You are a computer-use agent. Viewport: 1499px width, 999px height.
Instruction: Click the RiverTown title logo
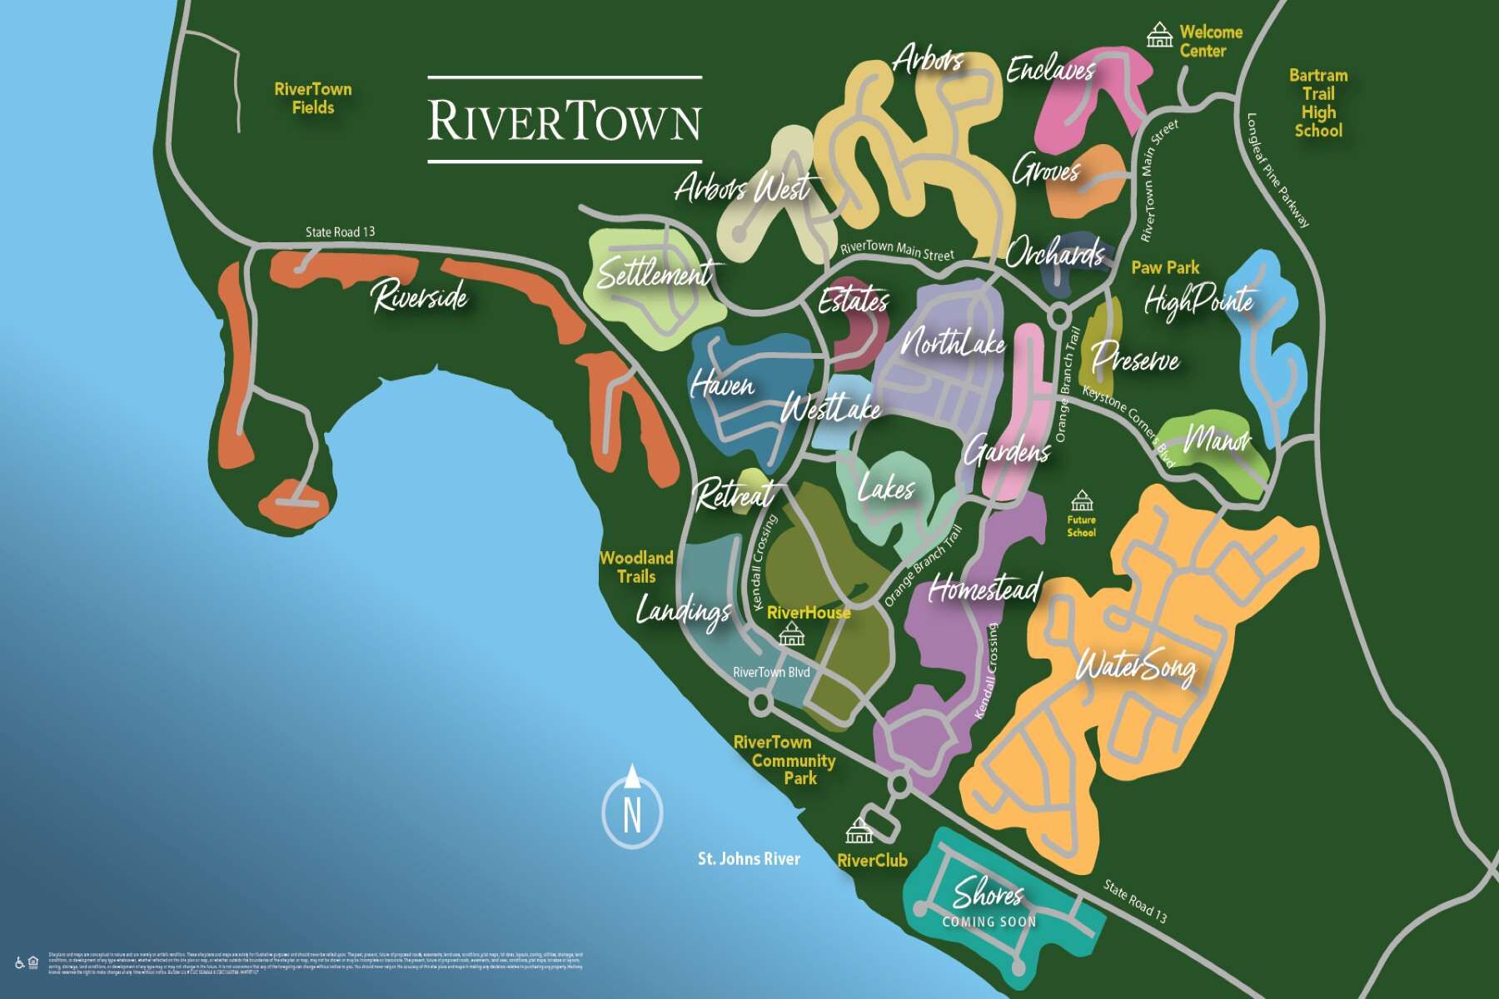(565, 120)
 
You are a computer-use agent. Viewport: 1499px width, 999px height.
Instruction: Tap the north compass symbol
(632, 811)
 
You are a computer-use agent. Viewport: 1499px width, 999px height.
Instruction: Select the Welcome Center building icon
(1159, 36)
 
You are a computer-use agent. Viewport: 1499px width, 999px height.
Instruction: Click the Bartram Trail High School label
(1317, 102)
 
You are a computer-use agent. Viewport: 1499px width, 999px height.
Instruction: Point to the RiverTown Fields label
(313, 98)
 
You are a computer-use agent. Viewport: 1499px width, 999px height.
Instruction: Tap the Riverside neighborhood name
(420, 296)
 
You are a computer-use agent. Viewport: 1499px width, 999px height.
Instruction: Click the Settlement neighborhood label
(655, 273)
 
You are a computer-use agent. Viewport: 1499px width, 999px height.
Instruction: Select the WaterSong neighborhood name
(1136, 667)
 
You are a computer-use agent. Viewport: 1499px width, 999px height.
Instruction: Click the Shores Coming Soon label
(989, 902)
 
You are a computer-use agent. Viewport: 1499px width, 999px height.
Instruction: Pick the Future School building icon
(1081, 501)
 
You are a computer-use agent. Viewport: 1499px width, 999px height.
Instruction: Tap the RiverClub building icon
(859, 831)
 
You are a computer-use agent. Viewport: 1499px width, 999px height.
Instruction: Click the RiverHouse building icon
(791, 636)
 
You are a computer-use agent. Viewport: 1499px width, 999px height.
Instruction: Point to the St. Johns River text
(749, 858)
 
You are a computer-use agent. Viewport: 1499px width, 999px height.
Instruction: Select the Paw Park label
(1165, 268)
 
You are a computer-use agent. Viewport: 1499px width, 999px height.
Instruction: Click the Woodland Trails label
(636, 567)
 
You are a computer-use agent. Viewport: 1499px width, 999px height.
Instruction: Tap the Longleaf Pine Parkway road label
(1278, 171)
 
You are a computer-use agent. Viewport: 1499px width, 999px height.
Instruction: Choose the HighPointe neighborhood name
(1198, 301)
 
